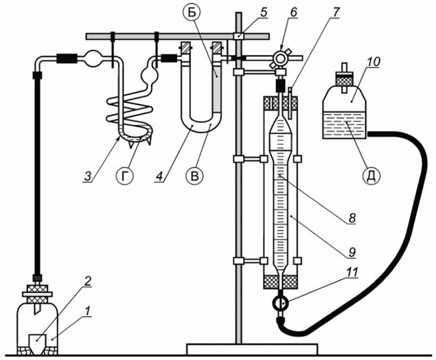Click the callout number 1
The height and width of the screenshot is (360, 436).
coord(88,312)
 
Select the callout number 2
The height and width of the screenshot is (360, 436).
coord(87,282)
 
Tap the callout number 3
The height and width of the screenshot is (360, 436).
coord(88,176)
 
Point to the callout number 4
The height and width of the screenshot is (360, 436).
coord(159,176)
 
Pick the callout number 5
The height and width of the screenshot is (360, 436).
coord(263,12)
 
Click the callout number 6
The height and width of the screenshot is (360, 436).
coord(293,12)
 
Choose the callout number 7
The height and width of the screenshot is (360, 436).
coord(336,12)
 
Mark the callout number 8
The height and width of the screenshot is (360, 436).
coord(352,218)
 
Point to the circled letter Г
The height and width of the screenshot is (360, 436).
coord(124,176)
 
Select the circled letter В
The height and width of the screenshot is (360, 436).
coord(194,176)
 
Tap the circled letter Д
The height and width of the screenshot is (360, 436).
coord(372,176)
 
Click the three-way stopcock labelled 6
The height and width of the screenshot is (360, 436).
coord(279,58)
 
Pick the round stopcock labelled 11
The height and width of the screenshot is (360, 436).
coord(281,303)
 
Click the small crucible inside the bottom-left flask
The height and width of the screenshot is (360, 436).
coord(38,344)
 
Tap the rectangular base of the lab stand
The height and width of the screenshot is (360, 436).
coord(252,350)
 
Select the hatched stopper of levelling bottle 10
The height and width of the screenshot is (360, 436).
coord(344,80)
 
